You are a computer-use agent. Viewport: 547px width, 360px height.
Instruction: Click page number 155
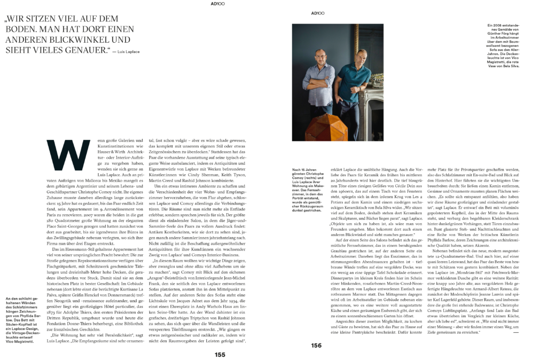[220, 354]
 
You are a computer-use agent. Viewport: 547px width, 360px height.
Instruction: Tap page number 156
[316, 345]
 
